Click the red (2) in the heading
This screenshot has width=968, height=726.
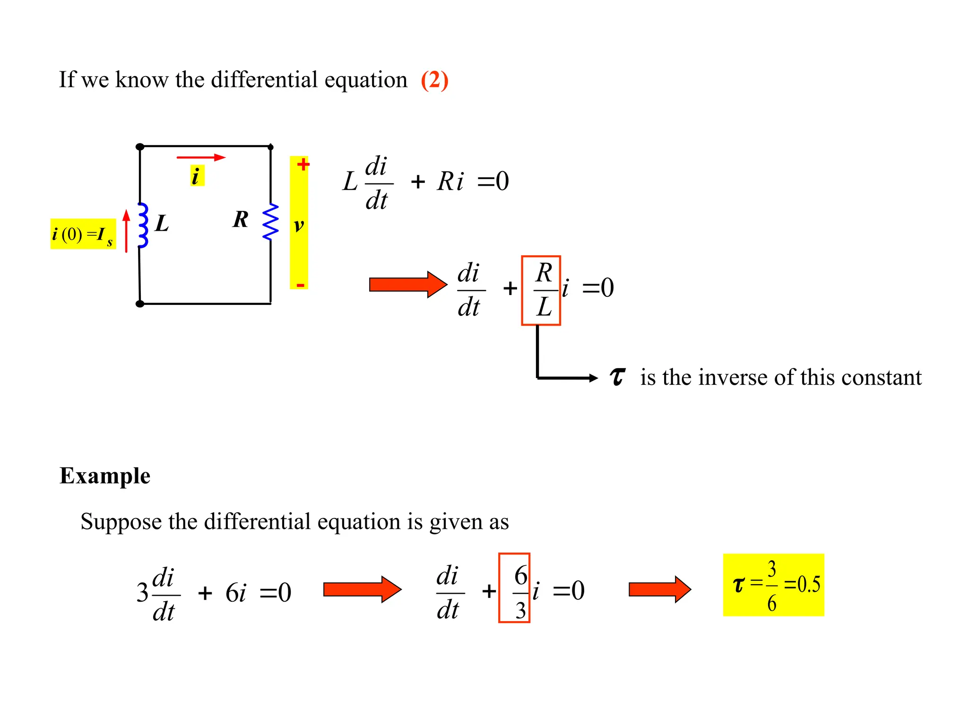point(434,80)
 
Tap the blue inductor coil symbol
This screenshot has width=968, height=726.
point(143,225)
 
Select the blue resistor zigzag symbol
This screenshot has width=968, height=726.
point(271,222)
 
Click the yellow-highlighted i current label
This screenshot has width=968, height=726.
point(197,176)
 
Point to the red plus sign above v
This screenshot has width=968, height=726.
point(303,164)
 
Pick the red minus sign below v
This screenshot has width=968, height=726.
point(300,285)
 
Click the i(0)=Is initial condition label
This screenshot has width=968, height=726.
point(83,234)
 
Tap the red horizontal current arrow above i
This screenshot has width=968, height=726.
point(201,157)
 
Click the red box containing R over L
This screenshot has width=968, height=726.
point(541,290)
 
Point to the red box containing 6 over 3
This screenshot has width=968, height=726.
point(514,588)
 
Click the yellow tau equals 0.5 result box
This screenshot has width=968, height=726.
point(773,585)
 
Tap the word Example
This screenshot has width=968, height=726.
point(105,475)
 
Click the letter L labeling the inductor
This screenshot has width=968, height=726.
point(162,223)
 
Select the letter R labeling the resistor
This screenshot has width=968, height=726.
point(241,219)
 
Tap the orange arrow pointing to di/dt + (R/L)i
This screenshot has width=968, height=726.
point(408,285)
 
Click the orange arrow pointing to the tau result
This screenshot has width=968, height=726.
point(659,589)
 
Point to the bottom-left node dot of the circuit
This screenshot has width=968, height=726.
point(140,304)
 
